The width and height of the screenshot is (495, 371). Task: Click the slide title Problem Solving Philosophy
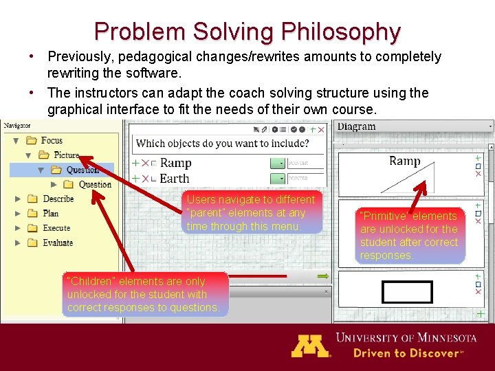coord(247,32)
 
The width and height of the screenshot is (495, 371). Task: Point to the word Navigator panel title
coord(21,126)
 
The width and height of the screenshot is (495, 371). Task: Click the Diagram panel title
coord(356,126)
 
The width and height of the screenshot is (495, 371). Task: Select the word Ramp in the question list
coord(175,163)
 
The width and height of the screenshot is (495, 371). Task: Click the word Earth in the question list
coord(174,178)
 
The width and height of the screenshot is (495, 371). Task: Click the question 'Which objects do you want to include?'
coord(222,144)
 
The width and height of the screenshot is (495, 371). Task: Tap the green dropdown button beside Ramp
coord(277,164)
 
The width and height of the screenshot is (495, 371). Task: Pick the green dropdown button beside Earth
coord(277,179)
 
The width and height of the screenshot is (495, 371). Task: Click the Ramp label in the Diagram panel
coord(404,161)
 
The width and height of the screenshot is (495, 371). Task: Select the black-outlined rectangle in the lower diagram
coord(407,292)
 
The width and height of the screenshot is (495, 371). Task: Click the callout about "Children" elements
coord(144,294)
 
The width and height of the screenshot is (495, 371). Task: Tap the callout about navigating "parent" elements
coord(252,212)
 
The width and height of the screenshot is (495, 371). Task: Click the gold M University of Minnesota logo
coord(311,345)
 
